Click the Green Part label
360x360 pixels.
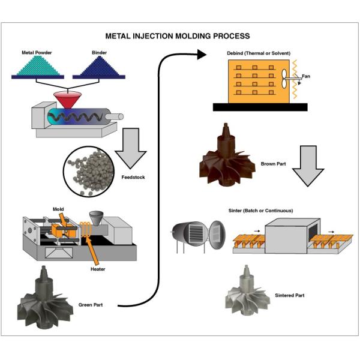pos(91,305)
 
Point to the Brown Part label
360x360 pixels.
pos(273,163)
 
